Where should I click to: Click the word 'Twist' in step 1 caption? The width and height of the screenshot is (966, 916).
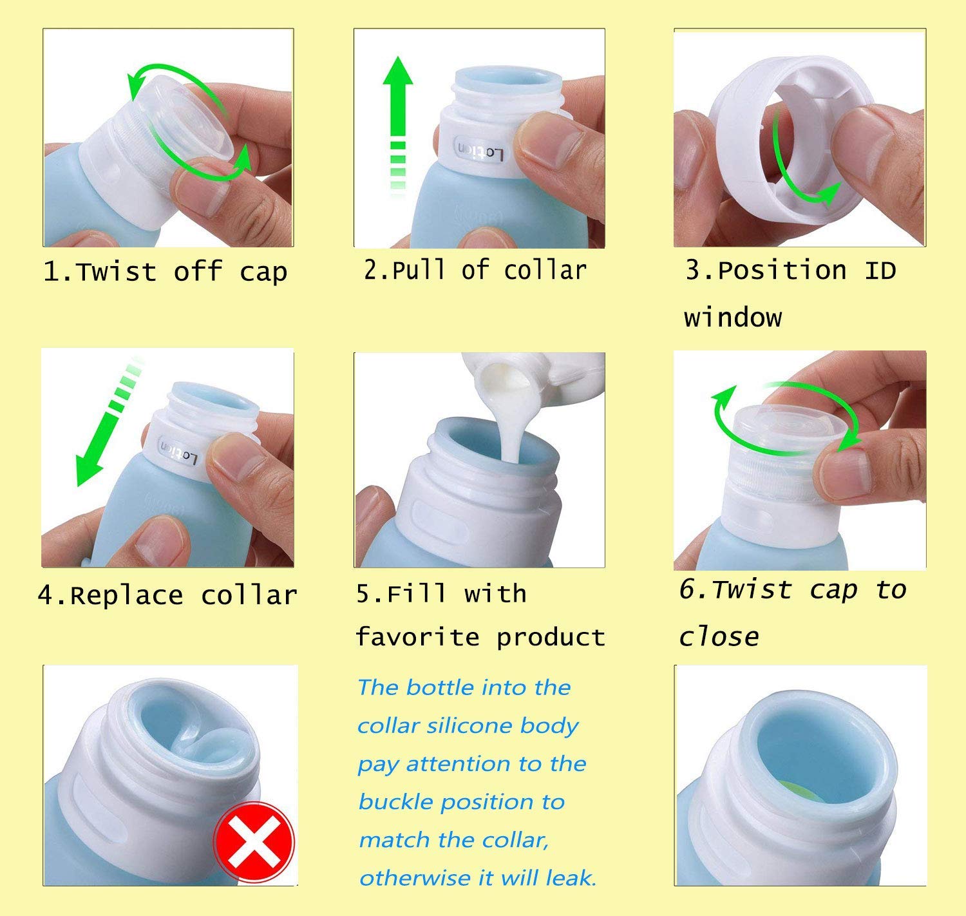(x=117, y=272)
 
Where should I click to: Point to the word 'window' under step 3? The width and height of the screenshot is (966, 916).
(x=733, y=318)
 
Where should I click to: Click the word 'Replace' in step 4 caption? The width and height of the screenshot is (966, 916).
(x=126, y=595)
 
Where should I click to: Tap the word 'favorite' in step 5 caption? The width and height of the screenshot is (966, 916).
(x=417, y=637)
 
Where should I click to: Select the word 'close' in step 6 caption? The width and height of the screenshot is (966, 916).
(x=719, y=636)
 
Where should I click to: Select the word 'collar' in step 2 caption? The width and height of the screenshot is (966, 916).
(x=545, y=271)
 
